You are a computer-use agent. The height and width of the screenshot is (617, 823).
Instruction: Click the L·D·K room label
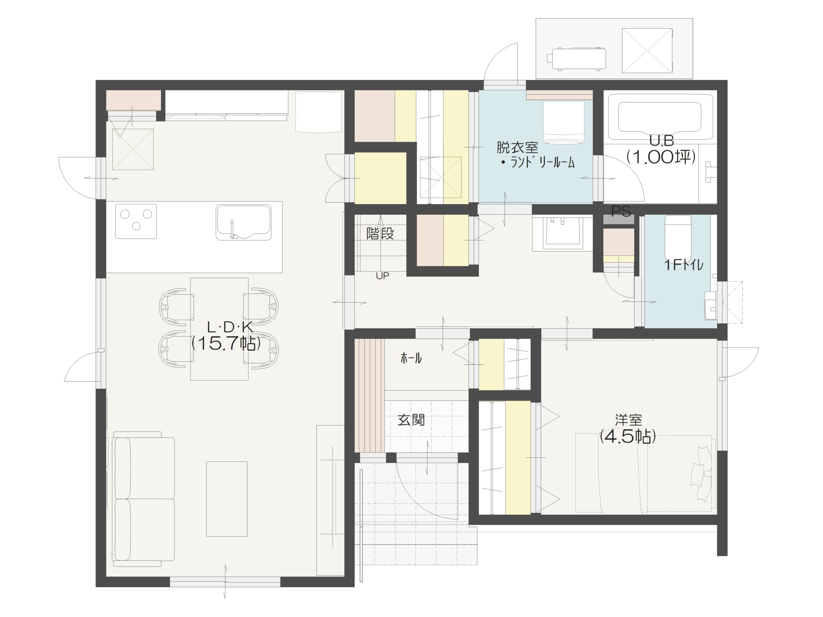coord(230,327)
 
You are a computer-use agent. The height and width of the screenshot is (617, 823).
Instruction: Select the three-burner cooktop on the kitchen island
coord(136,221)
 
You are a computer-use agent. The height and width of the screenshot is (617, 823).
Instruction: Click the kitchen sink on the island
coord(243,222)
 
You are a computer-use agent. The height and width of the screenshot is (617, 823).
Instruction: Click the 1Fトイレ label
coord(684,265)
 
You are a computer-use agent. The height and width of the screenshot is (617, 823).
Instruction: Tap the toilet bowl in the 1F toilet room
coord(678,234)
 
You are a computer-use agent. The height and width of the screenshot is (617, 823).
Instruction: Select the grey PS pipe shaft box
coord(618,219)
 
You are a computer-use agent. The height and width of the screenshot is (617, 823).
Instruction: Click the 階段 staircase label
coord(380,234)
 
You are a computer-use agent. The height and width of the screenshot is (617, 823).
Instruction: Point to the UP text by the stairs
coord(383,276)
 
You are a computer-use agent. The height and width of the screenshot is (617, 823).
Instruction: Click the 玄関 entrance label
coord(411,420)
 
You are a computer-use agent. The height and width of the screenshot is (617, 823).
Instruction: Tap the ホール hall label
coord(411,358)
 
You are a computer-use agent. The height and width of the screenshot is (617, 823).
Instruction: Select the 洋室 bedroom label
coord(629,420)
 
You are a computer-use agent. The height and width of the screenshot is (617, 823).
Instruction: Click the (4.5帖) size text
coord(628,437)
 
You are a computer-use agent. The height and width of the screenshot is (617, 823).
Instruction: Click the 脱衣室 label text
coord(517,148)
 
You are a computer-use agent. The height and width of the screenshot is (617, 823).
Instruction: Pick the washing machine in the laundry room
coord(564,122)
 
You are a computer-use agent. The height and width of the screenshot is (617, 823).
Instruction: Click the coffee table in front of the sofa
coord(227,499)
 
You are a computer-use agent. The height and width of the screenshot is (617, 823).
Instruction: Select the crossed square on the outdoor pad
coord(647,50)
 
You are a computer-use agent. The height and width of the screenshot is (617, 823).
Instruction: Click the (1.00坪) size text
coord(661,157)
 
